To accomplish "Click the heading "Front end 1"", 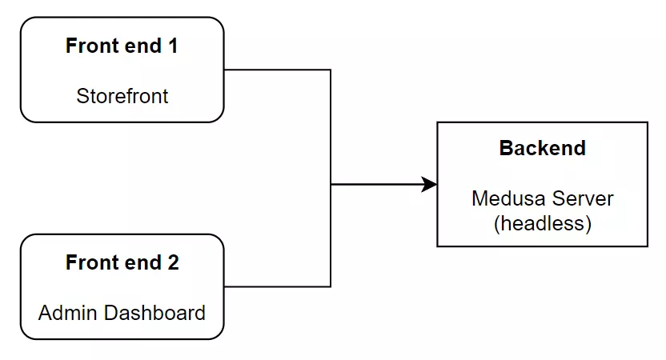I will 122,46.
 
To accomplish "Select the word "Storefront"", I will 122,97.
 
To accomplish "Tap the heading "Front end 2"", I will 122,263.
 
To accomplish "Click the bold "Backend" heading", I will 542,148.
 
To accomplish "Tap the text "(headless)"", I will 542,224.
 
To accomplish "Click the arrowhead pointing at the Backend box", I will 430,185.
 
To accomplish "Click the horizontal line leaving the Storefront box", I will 276,70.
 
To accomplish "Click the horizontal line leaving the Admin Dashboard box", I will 276,286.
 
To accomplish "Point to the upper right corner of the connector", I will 331,70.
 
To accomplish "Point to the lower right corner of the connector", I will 331,286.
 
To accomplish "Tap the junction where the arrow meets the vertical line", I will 331,185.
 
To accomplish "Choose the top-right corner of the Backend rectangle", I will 648,122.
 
